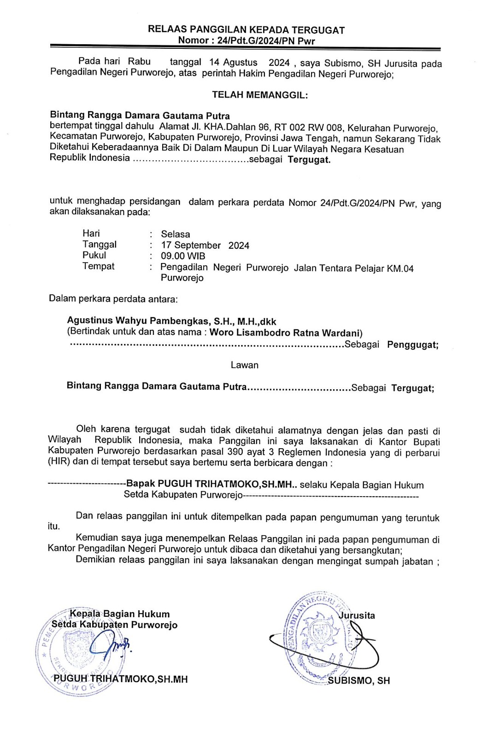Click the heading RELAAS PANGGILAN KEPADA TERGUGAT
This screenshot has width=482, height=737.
246,30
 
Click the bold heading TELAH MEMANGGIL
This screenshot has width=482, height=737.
259,95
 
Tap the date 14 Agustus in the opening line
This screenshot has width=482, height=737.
233,63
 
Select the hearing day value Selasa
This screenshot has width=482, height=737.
175,234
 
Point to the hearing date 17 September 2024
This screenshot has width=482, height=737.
205,246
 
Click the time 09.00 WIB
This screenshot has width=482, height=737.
183,256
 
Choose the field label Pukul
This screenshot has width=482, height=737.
94,255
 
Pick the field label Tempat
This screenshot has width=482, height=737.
98,266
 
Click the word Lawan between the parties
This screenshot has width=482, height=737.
244,365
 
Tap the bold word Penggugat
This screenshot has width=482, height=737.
412,345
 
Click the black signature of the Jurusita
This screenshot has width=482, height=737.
355,643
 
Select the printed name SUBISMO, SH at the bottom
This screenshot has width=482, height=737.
359,681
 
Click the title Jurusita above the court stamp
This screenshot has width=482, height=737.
357,615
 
